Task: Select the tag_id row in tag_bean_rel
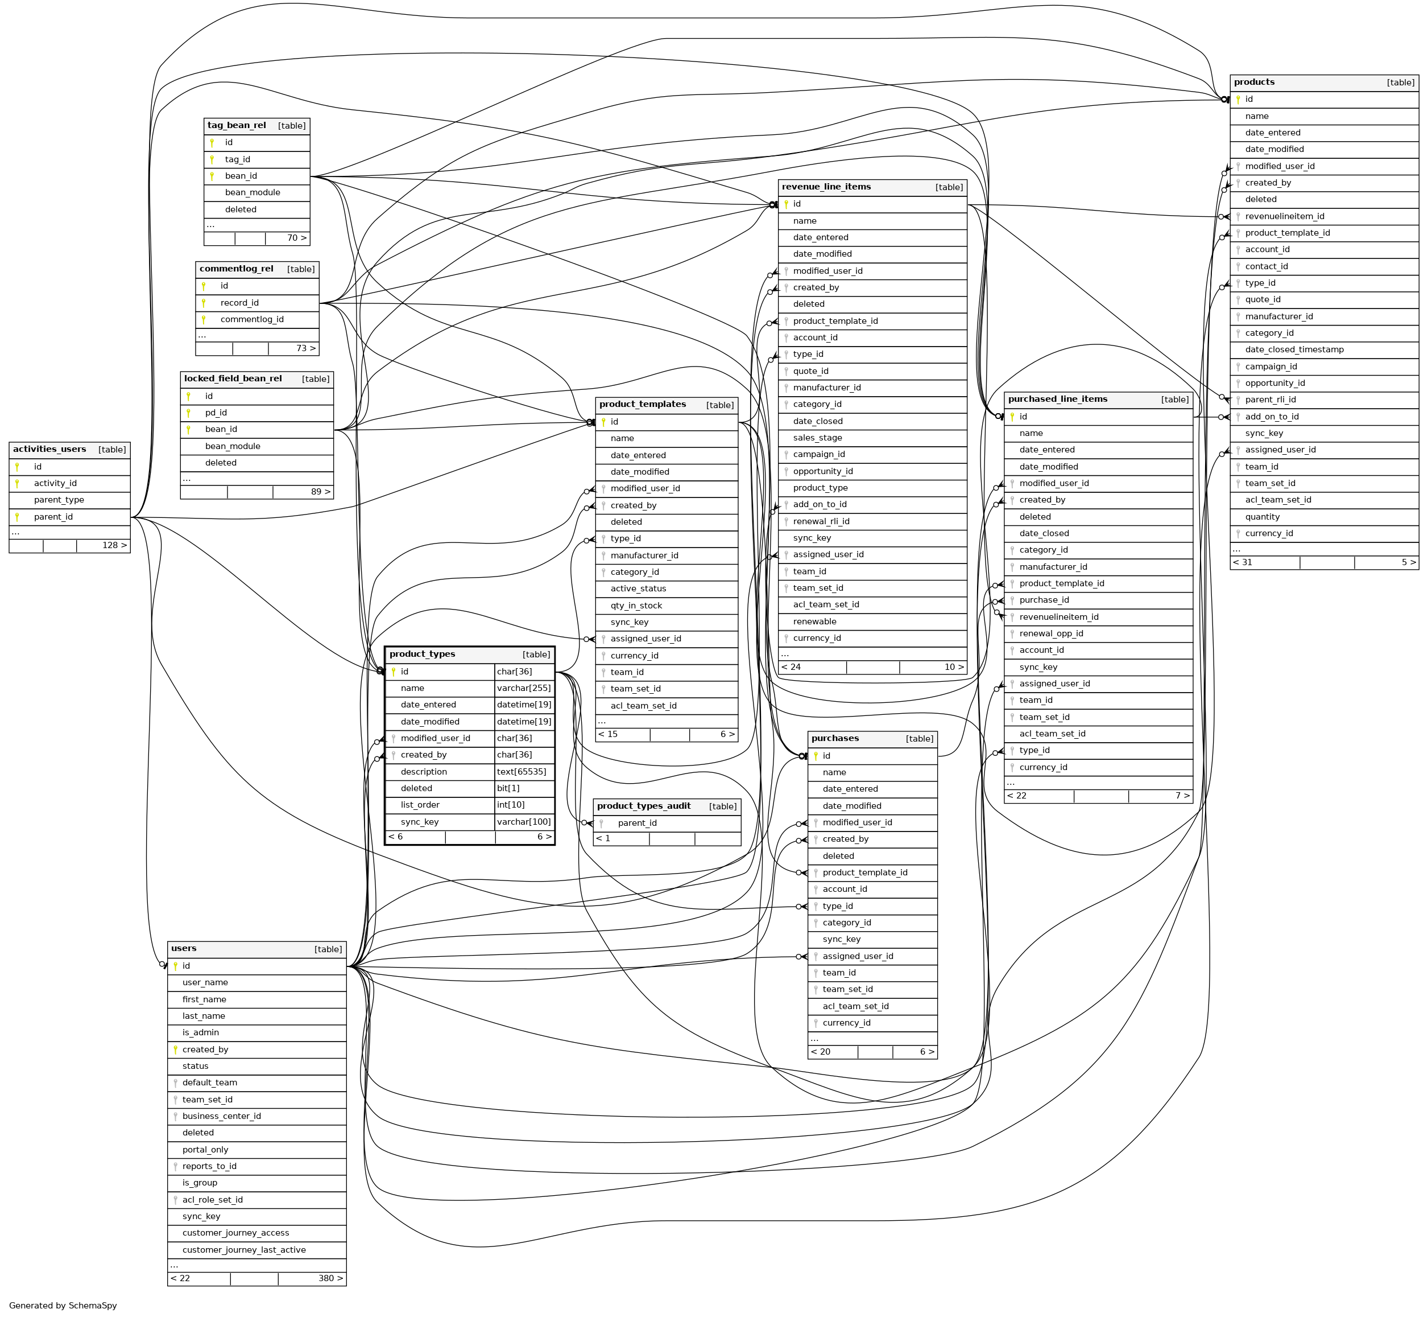coord(237,159)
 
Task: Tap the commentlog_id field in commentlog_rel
coord(251,319)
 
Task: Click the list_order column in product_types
coord(420,805)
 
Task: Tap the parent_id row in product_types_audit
coord(637,823)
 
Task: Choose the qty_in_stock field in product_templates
coord(636,606)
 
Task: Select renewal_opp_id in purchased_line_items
coord(1050,633)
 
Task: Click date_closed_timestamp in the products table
coord(1294,349)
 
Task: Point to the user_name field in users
coord(205,983)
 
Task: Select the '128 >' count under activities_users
coord(114,545)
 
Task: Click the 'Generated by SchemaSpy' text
coord(63,1306)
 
